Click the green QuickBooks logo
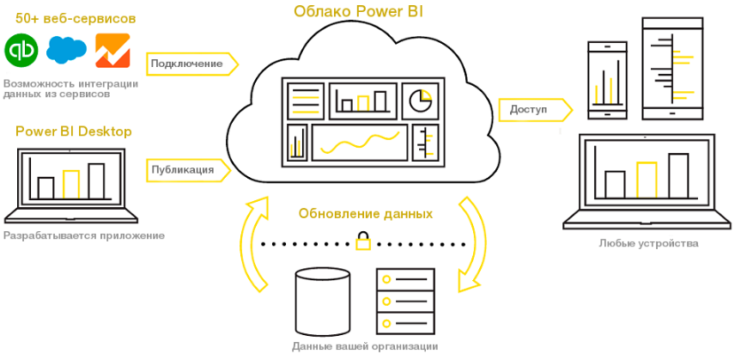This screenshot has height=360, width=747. click(21, 50)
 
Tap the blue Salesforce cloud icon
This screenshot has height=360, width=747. click(66, 50)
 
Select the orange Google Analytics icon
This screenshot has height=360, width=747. click(112, 50)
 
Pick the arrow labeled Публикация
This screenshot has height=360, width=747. click(189, 169)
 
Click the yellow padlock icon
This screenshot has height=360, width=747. click(363, 241)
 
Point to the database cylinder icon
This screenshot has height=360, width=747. click(325, 301)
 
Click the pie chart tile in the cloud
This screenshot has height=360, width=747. click(420, 101)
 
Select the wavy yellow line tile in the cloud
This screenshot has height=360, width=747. click(360, 143)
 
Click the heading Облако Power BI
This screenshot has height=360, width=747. click(359, 11)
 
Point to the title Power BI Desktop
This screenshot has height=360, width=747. click(73, 131)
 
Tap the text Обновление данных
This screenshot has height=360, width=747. click(366, 214)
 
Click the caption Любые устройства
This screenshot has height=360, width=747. click(648, 244)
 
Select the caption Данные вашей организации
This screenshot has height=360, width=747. click(365, 345)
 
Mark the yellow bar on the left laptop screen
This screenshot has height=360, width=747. click(71, 185)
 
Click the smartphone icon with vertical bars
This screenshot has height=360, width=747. click(606, 81)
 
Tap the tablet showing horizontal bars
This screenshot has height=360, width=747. click(672, 68)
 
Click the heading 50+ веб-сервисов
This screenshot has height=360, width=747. click(76, 19)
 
